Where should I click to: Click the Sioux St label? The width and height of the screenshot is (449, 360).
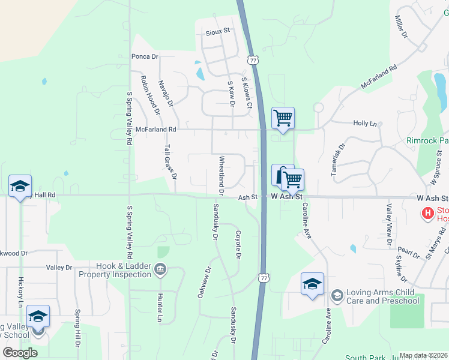pos(218,31)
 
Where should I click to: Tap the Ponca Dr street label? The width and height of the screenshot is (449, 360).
pos(145,56)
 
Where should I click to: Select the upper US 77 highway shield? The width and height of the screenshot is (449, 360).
pos(253,61)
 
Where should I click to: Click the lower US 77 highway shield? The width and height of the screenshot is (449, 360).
pos(263,277)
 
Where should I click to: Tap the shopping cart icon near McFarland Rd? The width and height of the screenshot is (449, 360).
pos(283,118)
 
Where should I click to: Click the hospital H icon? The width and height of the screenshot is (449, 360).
pos(427,213)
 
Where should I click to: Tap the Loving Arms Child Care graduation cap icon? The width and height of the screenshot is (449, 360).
pos(337,295)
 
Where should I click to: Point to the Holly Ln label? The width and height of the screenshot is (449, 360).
pos(365,123)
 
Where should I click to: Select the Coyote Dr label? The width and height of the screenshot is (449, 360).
pos(238,245)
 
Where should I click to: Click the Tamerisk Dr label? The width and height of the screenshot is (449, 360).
pos(338,159)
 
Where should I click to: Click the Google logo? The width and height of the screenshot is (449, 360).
pos(20,353)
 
